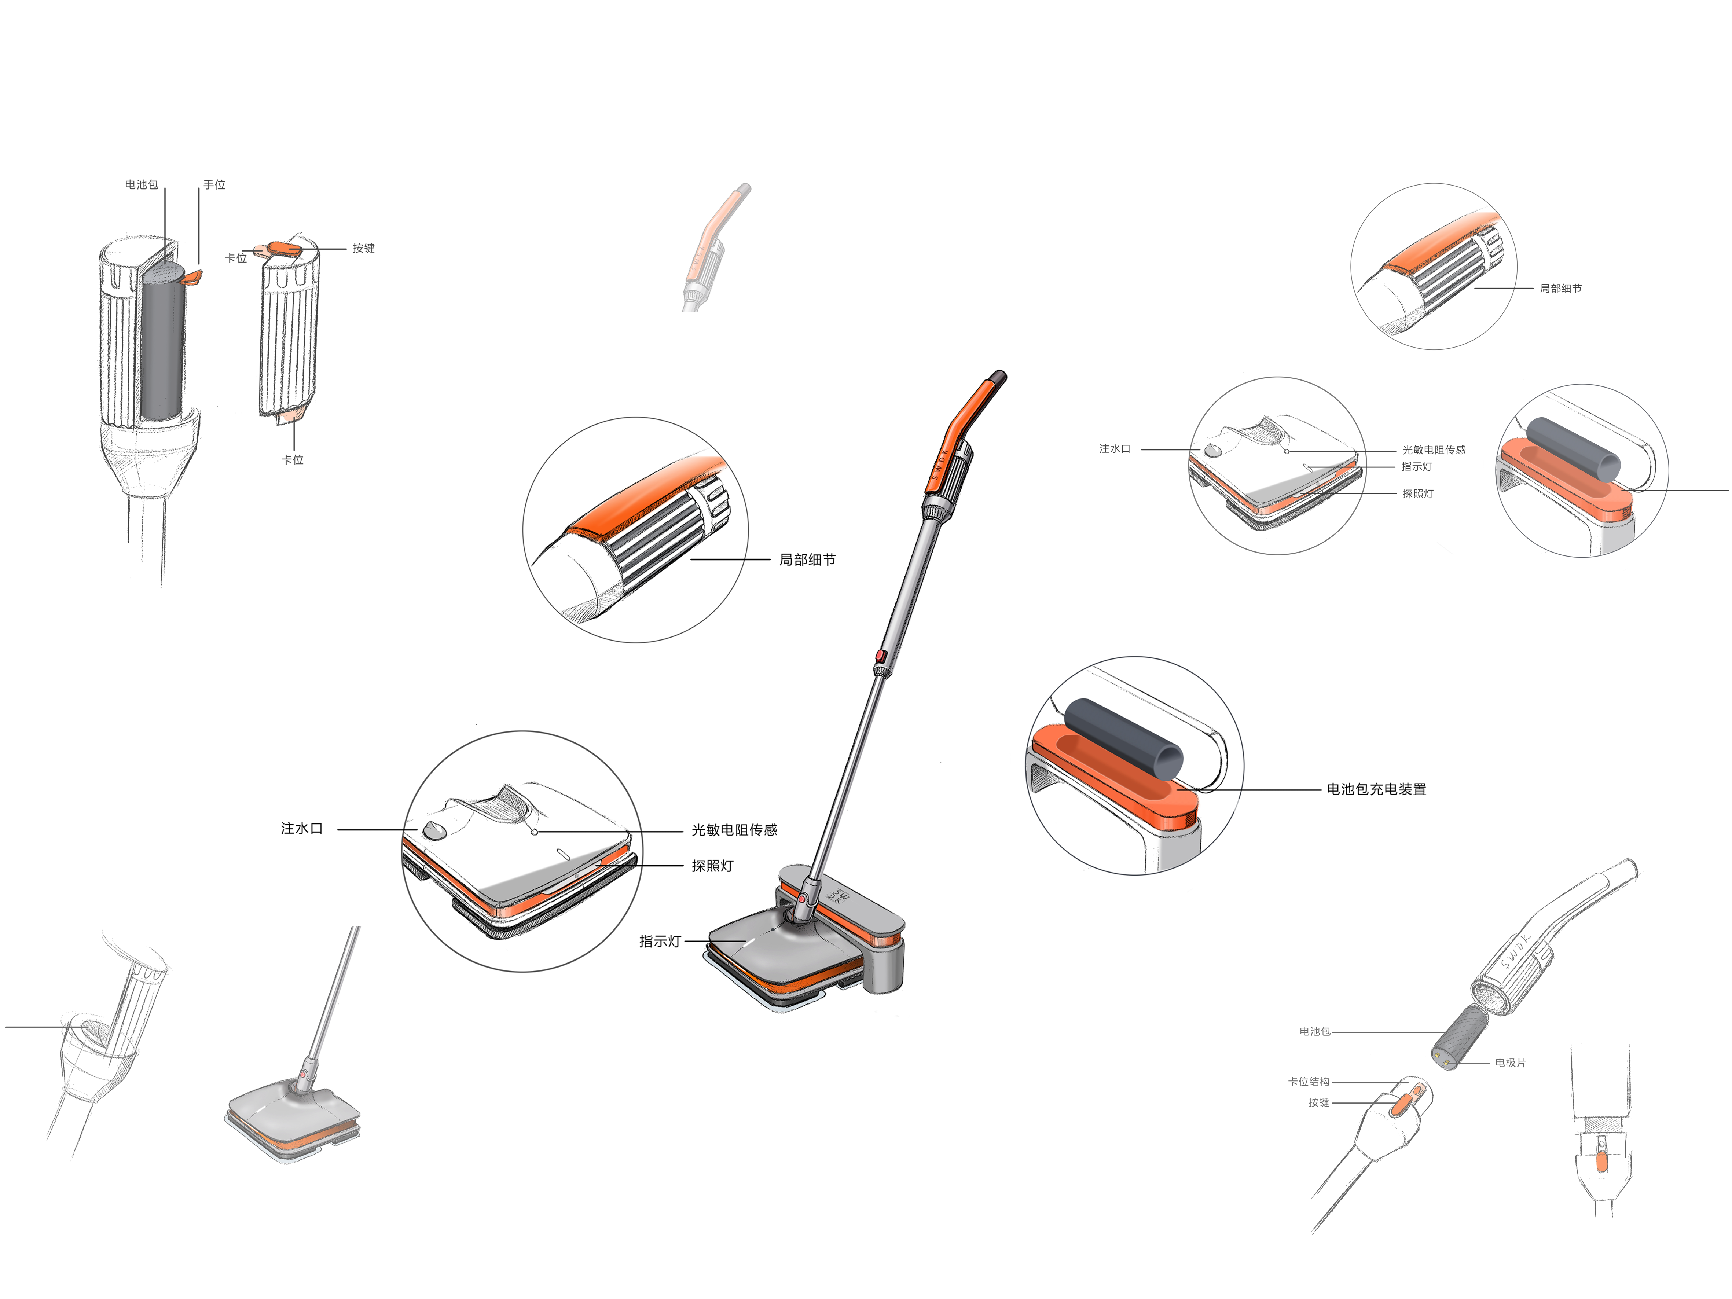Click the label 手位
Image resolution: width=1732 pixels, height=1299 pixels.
(214, 185)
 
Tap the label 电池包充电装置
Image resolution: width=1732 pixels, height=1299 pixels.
(1376, 789)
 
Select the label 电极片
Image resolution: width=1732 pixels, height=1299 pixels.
(1509, 1063)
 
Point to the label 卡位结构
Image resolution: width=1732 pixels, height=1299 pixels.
(1309, 1081)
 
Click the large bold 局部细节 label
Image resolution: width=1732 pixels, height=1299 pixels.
(807, 560)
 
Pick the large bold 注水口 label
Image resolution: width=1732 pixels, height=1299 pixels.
(301, 828)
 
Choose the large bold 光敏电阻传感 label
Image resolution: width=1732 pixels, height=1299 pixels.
(734, 830)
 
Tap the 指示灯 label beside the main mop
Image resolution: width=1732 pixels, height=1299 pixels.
(659, 941)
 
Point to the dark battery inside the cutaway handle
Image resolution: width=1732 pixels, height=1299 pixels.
(163, 341)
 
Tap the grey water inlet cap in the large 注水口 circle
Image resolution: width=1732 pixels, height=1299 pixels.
(434, 830)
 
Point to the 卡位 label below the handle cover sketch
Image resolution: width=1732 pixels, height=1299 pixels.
(292, 460)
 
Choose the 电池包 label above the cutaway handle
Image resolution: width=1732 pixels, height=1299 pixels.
(141, 185)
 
